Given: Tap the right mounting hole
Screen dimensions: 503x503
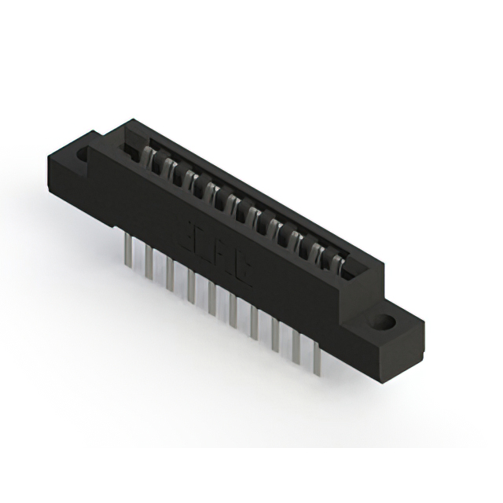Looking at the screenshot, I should point(384,322).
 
